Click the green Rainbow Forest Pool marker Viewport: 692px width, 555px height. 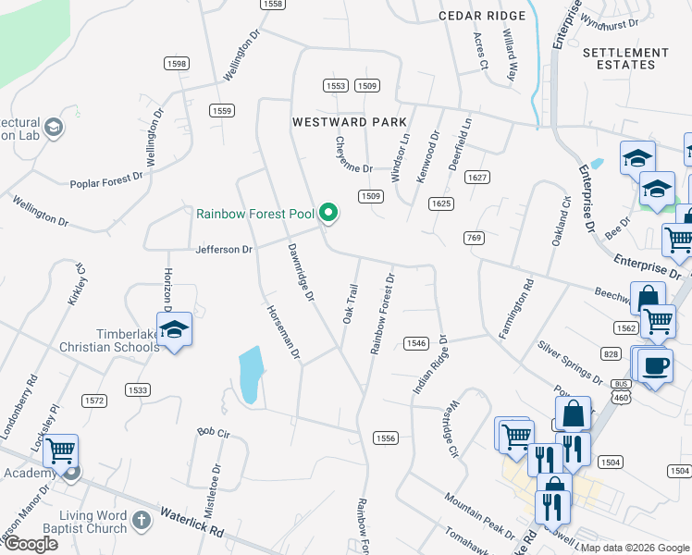pos(328,214)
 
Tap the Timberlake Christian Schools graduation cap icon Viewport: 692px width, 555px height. pos(173,330)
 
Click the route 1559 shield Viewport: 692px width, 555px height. pos(221,110)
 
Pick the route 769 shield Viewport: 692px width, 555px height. pos(475,239)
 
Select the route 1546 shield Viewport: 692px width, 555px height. pos(415,343)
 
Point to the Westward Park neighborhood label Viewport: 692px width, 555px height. pos(350,122)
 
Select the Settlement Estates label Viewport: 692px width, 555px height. pos(625,59)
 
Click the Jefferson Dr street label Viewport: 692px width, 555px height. pos(223,250)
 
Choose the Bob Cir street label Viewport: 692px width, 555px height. pos(212,431)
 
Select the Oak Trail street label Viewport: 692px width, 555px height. pos(350,303)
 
